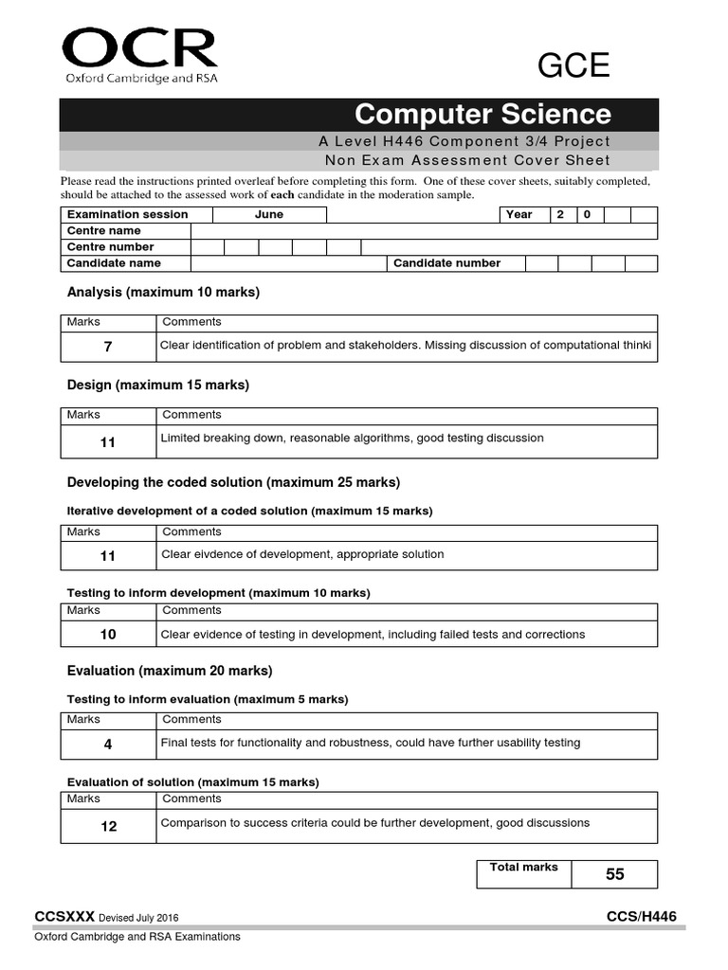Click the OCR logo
(x=139, y=56)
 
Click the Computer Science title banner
(x=359, y=115)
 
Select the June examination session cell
(x=269, y=214)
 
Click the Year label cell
(x=519, y=214)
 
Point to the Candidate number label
(x=446, y=263)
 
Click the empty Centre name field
(x=424, y=231)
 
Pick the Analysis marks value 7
(x=108, y=348)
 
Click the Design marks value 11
(x=108, y=442)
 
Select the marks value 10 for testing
(x=108, y=635)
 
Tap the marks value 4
(x=108, y=745)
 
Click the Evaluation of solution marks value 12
(x=108, y=826)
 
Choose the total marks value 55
(x=615, y=874)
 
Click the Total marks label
(x=523, y=867)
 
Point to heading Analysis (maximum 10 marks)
(x=163, y=293)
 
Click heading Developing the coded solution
(x=233, y=482)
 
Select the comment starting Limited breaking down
(x=352, y=439)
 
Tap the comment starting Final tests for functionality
(x=370, y=743)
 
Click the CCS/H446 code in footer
(x=642, y=916)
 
